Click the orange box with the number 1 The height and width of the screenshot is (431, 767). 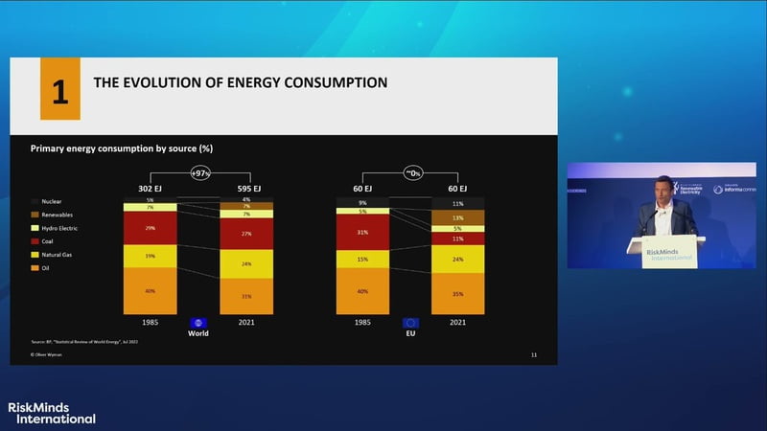pyautogui.click(x=59, y=88)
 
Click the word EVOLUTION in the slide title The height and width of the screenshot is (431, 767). pyautogui.click(x=177, y=83)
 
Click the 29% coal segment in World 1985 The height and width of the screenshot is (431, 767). pyautogui.click(x=151, y=228)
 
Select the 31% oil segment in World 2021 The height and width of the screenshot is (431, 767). pyautogui.click(x=246, y=295)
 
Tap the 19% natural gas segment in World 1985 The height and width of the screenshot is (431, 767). pyautogui.click(x=151, y=257)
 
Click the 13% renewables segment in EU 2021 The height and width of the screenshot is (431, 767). pyautogui.click(x=458, y=218)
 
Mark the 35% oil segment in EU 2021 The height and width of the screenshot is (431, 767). pyautogui.click(x=458, y=294)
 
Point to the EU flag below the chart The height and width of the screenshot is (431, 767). pyautogui.click(x=411, y=323)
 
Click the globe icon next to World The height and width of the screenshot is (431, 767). pyautogui.click(x=199, y=323)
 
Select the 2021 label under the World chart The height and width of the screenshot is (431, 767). pyautogui.click(x=246, y=323)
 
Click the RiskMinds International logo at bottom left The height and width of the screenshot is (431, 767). pyautogui.click(x=52, y=412)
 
